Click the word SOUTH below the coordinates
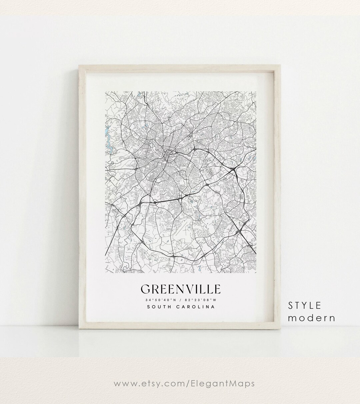pyautogui.click(x=159, y=307)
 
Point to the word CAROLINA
pyautogui.click(x=195, y=307)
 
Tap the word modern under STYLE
pyautogui.click(x=311, y=318)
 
